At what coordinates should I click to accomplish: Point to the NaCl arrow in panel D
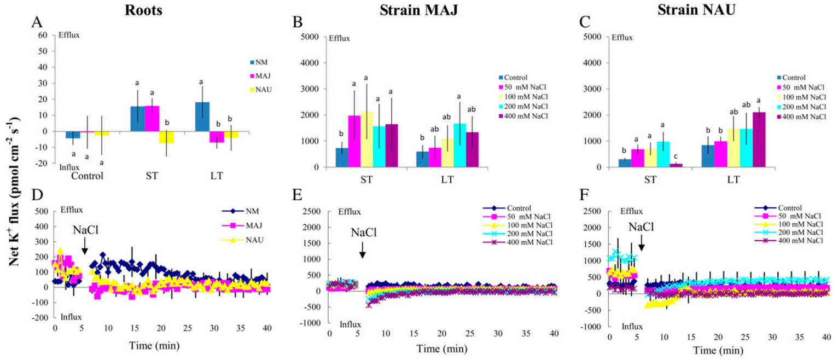(x=85, y=249)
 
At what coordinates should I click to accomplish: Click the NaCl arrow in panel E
(x=362, y=252)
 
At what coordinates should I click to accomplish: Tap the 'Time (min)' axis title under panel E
(x=440, y=349)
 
